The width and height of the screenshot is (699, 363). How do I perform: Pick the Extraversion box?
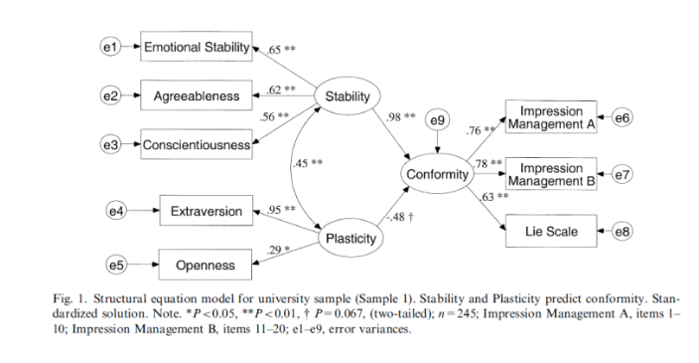(x=207, y=211)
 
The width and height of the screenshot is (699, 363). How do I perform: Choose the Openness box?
(x=207, y=265)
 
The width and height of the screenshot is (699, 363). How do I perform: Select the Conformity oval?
(x=436, y=174)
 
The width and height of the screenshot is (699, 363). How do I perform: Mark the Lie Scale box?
(x=550, y=233)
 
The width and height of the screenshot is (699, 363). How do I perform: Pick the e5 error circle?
(x=117, y=265)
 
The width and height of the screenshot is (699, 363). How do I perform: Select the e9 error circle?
(x=437, y=121)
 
